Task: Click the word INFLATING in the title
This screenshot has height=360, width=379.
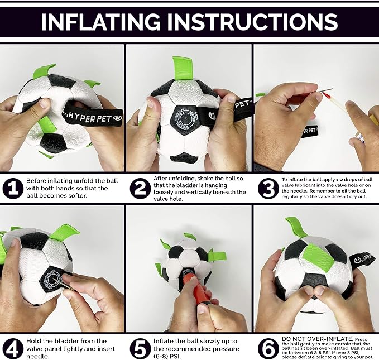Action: [x=100, y=22]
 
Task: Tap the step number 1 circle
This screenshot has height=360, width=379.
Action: [x=13, y=189]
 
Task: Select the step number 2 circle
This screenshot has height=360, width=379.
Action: [x=140, y=189]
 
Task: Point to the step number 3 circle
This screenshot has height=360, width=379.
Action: [x=268, y=189]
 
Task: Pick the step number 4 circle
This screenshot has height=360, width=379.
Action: [x=13, y=349]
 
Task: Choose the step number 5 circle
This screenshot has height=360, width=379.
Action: [x=140, y=349]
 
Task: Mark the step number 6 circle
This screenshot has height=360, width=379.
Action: [x=268, y=349]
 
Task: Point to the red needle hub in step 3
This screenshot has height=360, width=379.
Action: [x=325, y=98]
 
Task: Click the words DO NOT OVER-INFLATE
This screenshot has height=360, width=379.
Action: [x=318, y=339]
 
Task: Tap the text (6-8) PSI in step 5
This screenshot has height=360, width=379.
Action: [x=167, y=357]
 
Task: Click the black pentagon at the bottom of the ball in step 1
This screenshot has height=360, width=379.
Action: [x=54, y=143]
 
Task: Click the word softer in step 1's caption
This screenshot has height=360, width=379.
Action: [x=75, y=195]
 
